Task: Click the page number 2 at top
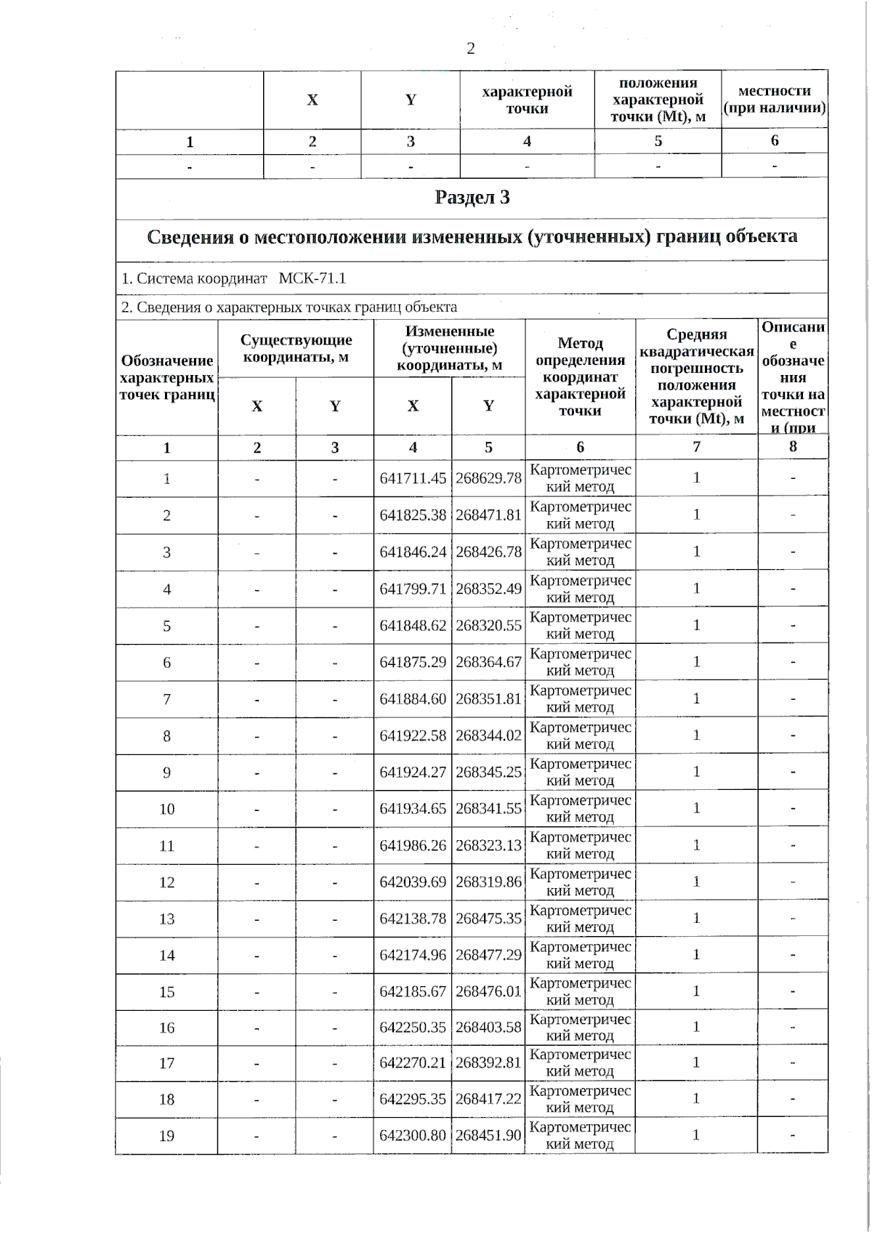(x=470, y=49)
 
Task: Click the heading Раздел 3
(x=472, y=198)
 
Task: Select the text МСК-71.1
(x=312, y=278)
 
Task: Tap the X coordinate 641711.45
(x=413, y=478)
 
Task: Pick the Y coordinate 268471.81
(x=488, y=515)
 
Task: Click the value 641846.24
(x=413, y=552)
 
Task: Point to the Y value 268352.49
(x=488, y=589)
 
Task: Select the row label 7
(x=166, y=699)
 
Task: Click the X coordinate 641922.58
(x=413, y=735)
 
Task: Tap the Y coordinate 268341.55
(x=488, y=809)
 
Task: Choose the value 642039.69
(x=413, y=882)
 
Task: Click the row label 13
(x=166, y=919)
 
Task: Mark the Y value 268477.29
(x=488, y=955)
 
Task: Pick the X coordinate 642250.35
(x=413, y=1028)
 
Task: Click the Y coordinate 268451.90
(x=488, y=1135)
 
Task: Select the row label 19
(x=166, y=1135)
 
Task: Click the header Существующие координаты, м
(x=296, y=348)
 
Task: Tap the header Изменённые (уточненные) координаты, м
(x=449, y=348)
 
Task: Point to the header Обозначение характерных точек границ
(x=166, y=377)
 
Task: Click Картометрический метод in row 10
(x=580, y=809)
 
